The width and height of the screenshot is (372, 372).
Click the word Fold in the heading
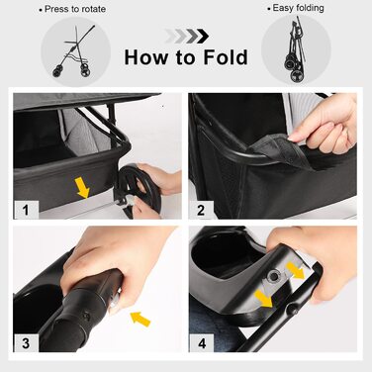226,57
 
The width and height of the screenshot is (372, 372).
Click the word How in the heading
145,57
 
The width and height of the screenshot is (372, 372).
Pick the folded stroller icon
296,48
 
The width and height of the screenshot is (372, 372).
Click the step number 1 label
26,210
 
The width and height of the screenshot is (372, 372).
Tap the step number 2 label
201,210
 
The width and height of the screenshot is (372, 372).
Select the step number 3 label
26,343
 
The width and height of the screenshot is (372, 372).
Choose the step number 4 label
202,343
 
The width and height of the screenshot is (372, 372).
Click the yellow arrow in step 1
82,187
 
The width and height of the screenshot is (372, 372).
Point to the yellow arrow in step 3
140,319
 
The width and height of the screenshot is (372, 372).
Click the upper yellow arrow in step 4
295,269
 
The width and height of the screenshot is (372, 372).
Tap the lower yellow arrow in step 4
264,297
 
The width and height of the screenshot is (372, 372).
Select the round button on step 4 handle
273,276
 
